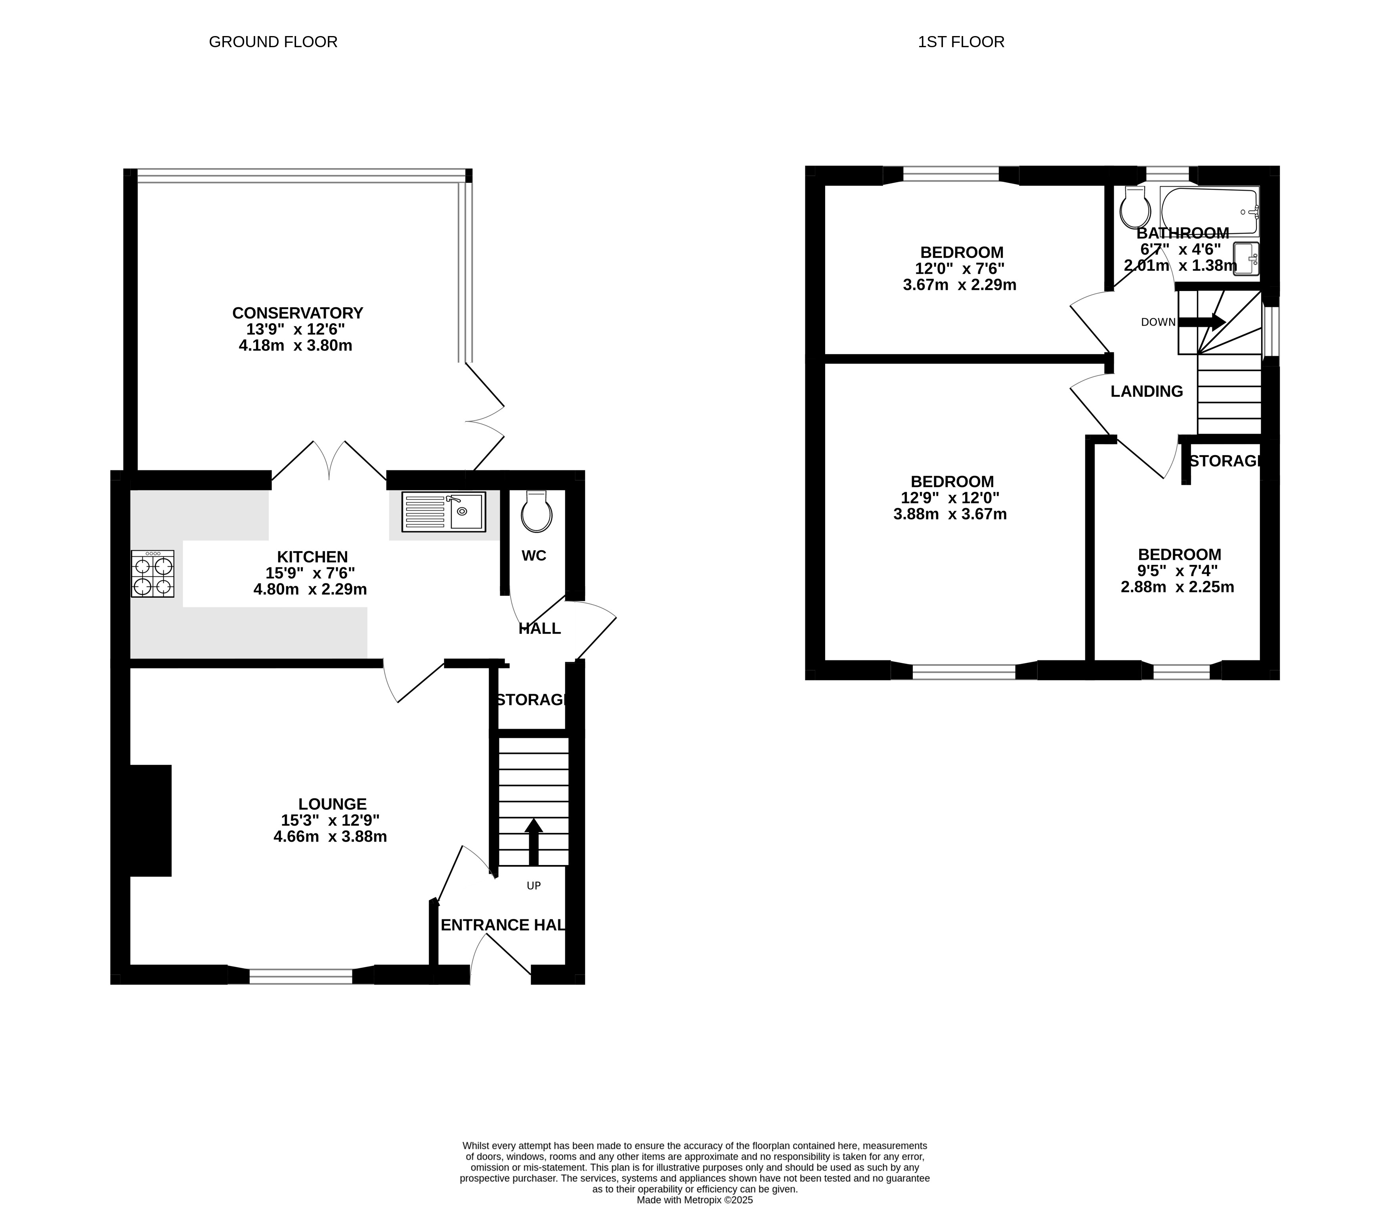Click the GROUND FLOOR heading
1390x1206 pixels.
(x=273, y=42)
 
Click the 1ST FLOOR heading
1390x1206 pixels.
(x=961, y=42)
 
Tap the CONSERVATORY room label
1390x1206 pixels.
(x=297, y=313)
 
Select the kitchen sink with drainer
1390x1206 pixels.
(x=444, y=512)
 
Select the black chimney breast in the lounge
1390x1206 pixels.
(x=150, y=820)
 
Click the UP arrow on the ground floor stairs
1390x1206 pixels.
(x=533, y=841)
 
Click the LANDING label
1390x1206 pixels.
(x=1147, y=391)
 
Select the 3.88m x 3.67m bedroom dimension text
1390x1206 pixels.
(x=950, y=515)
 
